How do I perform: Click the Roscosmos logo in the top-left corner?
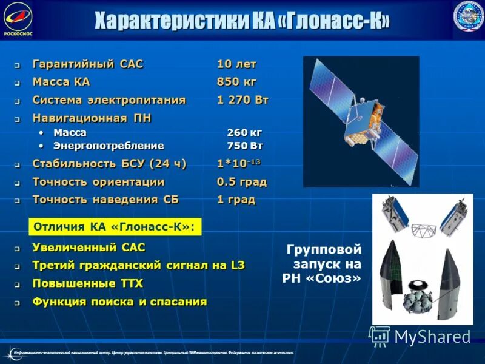coord(18,18)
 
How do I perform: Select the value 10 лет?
coord(236,64)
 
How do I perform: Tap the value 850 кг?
coord(236,82)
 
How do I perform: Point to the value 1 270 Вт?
coord(242,100)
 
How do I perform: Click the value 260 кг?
coord(244,132)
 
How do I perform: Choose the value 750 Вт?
coord(244,146)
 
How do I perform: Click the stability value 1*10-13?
coord(239,164)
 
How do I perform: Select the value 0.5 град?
coord(241,182)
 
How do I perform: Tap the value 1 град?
coord(236,200)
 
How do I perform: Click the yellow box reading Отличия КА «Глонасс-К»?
coord(115,227)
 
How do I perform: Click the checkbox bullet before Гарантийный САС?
coord(18,65)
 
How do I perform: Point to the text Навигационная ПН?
coord(92,118)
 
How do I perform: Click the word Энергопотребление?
coord(109,146)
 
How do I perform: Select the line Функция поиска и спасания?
coord(119,302)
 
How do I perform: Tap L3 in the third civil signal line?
coord(237,265)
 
